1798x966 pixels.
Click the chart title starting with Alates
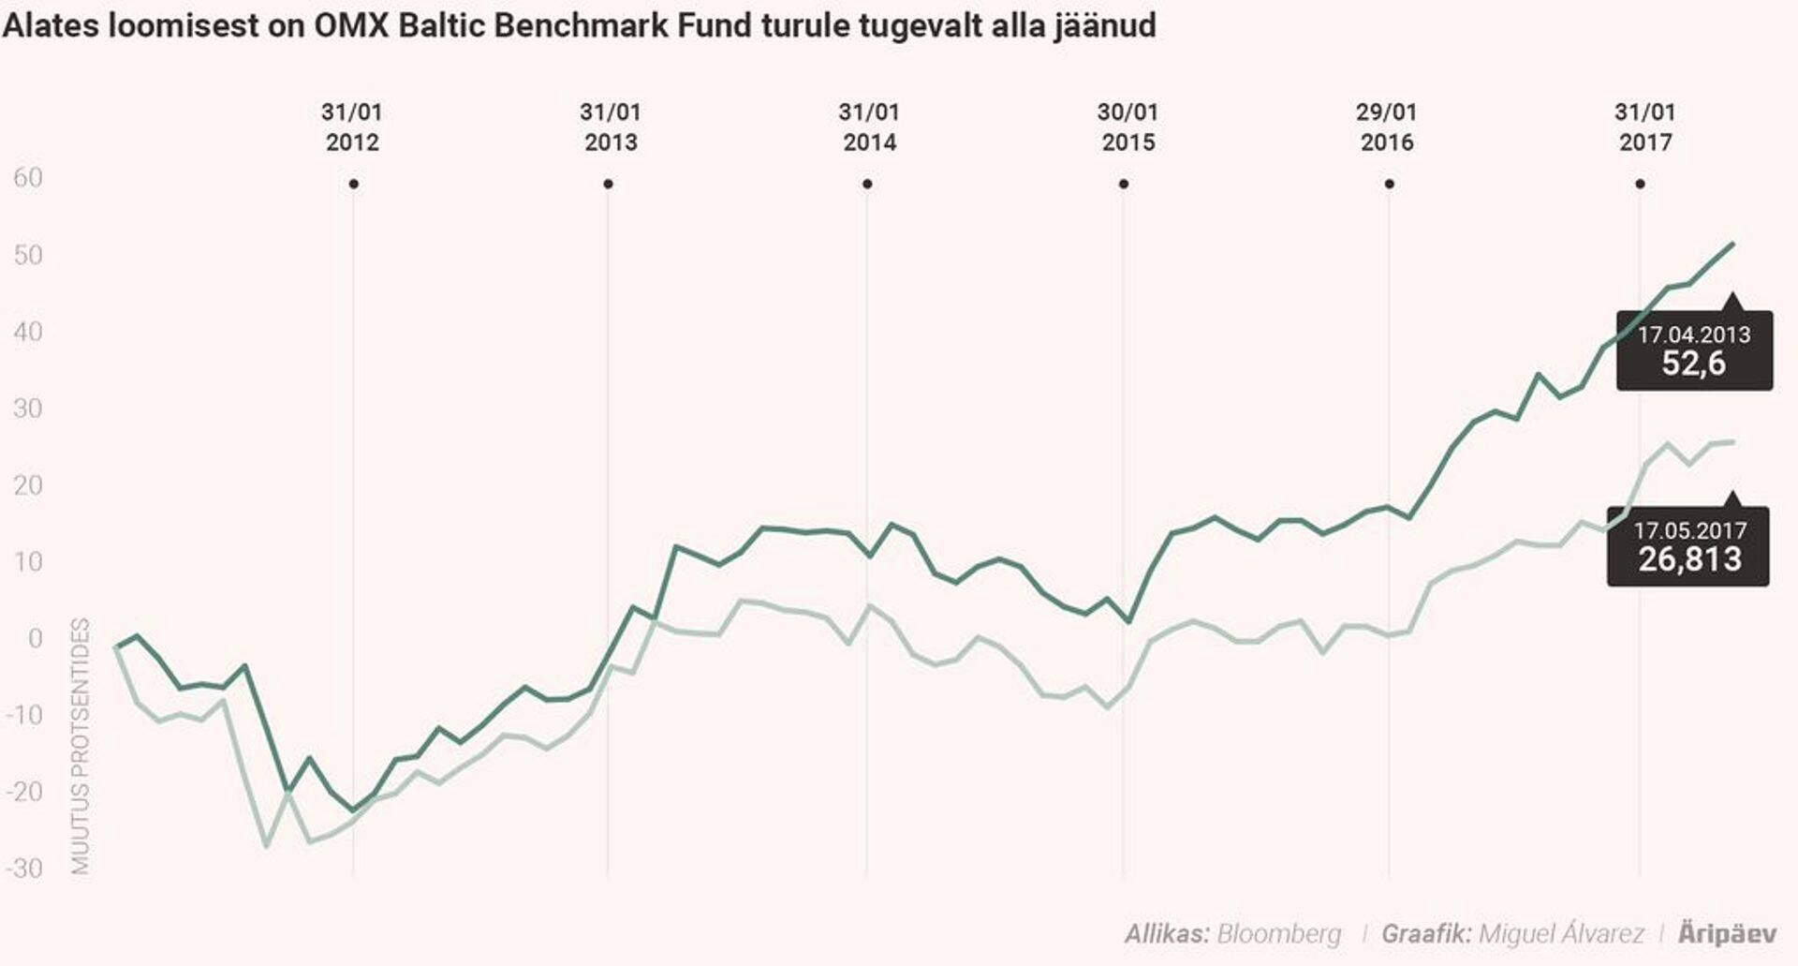(x=579, y=24)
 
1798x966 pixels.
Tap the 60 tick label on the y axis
(x=28, y=178)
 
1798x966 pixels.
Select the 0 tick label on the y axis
(x=36, y=639)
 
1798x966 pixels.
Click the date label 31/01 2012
(x=352, y=127)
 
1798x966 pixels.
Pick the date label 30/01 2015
(x=1127, y=127)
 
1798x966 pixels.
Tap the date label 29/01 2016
(x=1387, y=127)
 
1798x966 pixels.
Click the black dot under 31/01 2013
(x=608, y=185)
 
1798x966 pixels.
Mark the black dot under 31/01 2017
(x=1640, y=185)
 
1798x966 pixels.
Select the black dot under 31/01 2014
(x=867, y=185)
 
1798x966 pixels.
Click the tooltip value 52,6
(x=1693, y=364)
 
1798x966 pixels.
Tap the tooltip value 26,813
(x=1689, y=559)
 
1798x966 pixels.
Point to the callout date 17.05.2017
(x=1689, y=530)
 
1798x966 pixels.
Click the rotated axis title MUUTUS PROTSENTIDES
(x=81, y=746)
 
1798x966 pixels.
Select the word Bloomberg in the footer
(x=1278, y=933)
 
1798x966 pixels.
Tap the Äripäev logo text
(x=1727, y=933)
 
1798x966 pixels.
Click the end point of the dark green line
(x=1732, y=244)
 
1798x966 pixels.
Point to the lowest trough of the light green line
(x=267, y=846)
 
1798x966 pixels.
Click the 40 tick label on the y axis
(x=28, y=332)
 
